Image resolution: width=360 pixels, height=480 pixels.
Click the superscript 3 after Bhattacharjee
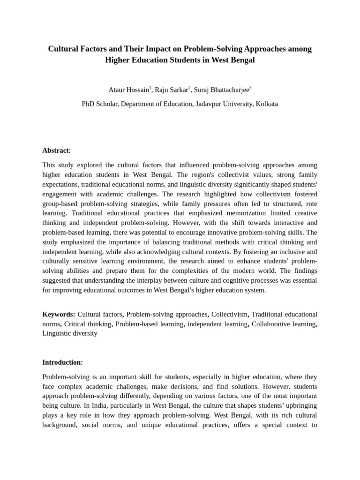point(250,88)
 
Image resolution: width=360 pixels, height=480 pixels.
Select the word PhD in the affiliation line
point(89,104)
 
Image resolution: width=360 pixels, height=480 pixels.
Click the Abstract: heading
point(57,150)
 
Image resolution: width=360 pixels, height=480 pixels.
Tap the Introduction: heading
point(62,362)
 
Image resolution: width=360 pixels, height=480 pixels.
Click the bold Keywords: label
point(59,314)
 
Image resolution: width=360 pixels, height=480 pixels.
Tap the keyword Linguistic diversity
point(70,333)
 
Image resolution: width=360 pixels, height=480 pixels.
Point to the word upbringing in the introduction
point(299,406)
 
